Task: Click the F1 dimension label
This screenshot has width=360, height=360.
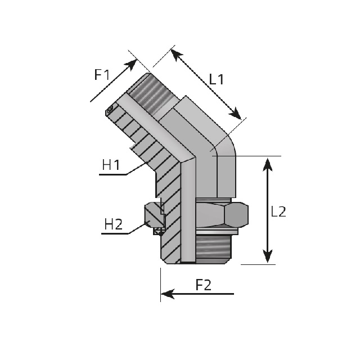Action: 102,74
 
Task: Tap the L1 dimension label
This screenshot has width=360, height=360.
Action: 216,79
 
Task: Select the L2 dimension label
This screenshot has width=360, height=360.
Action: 278,211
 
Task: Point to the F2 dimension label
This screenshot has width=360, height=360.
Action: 203,285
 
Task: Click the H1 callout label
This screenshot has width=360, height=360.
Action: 111,165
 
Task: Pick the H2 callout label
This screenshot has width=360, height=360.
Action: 114,224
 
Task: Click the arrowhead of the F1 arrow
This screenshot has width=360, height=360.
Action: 132,64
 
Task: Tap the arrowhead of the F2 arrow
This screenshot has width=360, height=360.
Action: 168,294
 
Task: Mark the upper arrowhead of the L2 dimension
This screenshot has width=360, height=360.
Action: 267,164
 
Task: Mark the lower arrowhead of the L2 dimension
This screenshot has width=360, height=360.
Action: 267,256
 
